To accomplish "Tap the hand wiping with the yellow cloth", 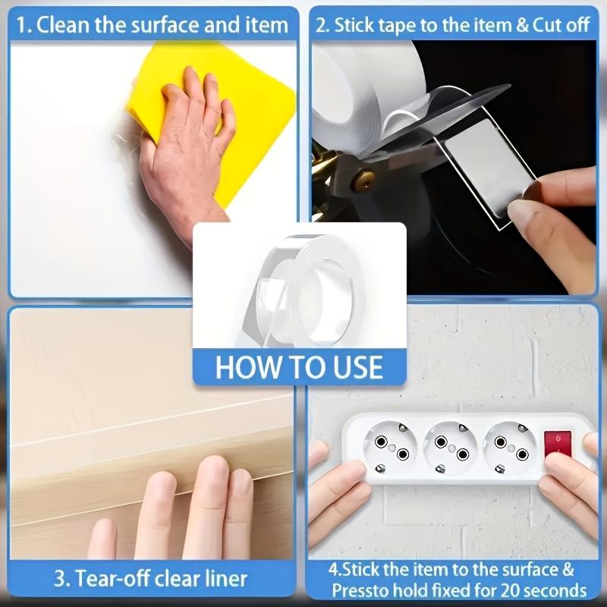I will [x=182, y=152].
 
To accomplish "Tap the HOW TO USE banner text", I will [x=300, y=366].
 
